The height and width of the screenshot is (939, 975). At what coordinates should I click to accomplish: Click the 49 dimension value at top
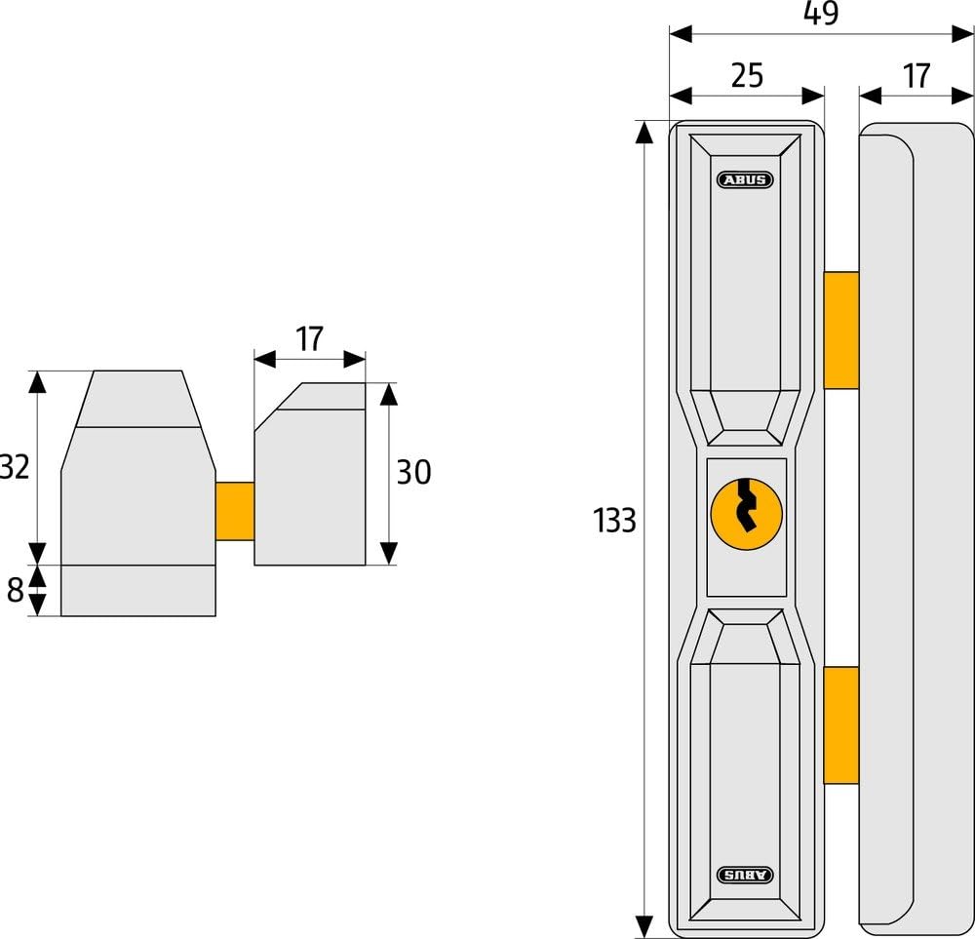821,13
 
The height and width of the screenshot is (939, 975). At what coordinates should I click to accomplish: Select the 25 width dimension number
747,75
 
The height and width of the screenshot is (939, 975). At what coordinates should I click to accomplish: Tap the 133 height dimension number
614,521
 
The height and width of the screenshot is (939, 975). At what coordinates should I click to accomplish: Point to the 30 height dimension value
413,472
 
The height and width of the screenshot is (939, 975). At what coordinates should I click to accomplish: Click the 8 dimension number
15,590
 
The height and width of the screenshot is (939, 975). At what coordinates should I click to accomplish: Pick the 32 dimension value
14,467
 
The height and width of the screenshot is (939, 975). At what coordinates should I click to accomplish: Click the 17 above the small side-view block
309,339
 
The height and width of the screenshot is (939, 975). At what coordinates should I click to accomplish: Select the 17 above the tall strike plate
916,76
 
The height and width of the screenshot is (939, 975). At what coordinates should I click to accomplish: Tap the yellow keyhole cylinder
746,514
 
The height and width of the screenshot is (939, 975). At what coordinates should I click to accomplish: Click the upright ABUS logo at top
745,179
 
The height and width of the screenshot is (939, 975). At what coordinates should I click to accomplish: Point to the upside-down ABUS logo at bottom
745,875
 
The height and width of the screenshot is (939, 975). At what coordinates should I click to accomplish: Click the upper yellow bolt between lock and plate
841,331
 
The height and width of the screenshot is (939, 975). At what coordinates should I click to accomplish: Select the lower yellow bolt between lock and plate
841,725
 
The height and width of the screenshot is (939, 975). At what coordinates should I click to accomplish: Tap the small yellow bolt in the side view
235,511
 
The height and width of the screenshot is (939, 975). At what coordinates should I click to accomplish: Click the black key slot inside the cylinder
746,505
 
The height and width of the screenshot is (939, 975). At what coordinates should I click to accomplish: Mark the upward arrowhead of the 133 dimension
644,132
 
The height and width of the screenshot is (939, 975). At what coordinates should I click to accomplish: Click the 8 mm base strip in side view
138,591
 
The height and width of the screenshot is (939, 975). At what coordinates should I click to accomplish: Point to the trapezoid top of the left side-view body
138,399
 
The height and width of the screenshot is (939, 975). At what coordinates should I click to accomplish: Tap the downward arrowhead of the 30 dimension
389,554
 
